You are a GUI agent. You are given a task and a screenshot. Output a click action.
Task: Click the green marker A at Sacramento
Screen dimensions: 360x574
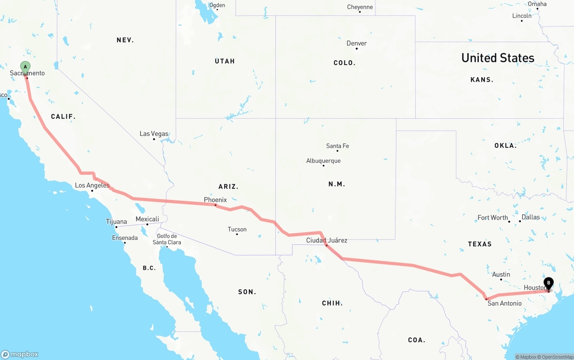pos(26,67)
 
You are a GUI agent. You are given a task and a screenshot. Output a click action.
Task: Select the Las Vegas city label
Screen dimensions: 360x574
pos(154,134)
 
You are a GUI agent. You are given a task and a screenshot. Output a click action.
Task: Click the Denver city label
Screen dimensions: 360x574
pos(357,43)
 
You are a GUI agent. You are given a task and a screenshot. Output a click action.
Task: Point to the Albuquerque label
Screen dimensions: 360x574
pos(323,160)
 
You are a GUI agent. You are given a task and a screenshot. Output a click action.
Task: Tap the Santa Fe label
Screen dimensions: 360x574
pos(337,146)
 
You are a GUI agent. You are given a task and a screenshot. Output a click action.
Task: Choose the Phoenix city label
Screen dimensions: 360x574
pos(215,200)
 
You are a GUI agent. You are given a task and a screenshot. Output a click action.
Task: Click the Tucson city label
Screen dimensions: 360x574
pos(237,229)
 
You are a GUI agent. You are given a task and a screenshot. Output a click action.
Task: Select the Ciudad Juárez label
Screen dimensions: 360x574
pos(326,240)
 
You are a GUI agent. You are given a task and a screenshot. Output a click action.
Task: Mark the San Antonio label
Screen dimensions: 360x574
pos(504,303)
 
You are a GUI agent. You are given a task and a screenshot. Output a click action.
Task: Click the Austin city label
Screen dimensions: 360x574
pos(501,274)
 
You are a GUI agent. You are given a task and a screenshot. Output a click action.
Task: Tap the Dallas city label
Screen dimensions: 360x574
pos(531,217)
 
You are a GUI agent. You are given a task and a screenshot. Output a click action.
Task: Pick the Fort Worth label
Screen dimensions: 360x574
pos(492,217)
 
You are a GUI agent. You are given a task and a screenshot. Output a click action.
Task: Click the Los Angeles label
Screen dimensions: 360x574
pos(92,185)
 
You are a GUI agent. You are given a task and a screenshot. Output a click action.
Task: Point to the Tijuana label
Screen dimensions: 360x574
pos(116,221)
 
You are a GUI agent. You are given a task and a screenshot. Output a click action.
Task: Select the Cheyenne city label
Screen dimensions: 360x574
pos(360,7)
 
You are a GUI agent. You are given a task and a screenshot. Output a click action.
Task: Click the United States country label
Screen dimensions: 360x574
pos(498,58)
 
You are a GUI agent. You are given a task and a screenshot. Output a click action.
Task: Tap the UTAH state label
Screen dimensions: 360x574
pos(225,61)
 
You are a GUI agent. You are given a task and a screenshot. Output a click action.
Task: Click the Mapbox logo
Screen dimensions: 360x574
pos(20,354)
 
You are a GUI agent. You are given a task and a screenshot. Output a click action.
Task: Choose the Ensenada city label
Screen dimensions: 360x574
pos(125,238)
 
